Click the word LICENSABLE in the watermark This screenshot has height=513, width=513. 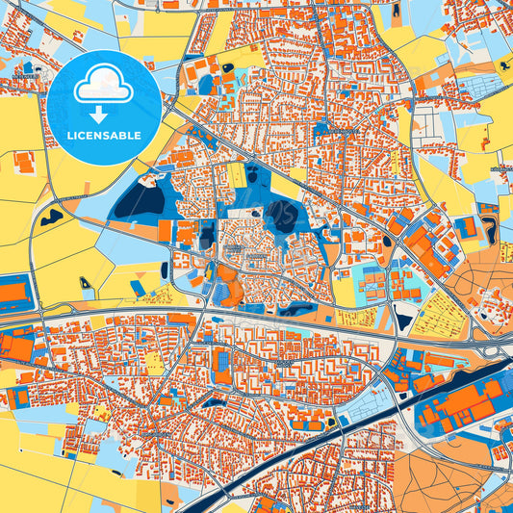(x=104, y=135)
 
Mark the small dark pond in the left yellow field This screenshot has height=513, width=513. (x=50, y=216)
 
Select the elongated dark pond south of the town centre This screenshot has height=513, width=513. (x=293, y=309)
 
